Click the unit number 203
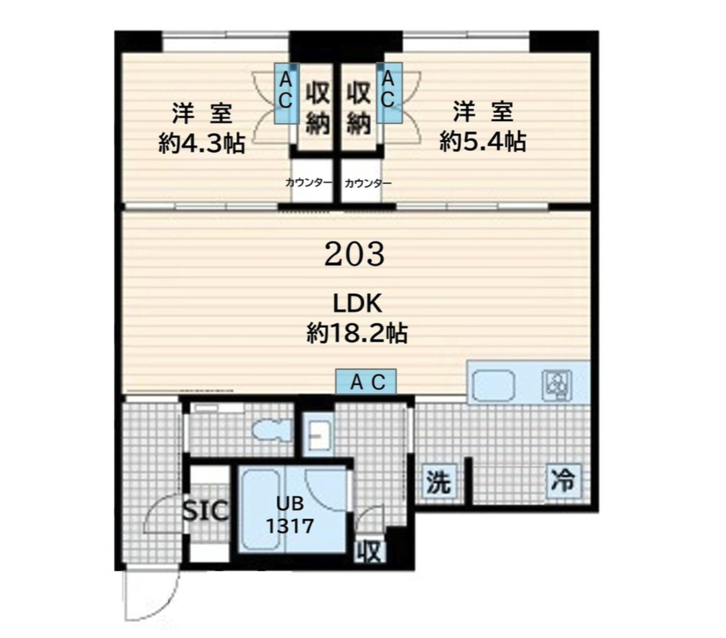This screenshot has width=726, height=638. (354, 254)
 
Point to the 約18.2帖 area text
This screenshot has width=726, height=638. (357, 333)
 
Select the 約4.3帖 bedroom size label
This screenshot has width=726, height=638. (202, 144)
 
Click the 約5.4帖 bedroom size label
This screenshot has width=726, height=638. (483, 142)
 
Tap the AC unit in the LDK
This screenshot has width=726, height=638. (366, 382)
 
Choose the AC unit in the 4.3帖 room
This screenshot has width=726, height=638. (286, 93)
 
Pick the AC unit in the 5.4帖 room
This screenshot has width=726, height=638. (389, 93)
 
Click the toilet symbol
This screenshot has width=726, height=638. (271, 429)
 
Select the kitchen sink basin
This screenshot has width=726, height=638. (494, 386)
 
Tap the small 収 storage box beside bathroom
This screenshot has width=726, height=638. (371, 552)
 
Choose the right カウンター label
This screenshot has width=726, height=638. (368, 184)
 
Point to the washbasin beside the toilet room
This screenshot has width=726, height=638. (318, 435)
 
